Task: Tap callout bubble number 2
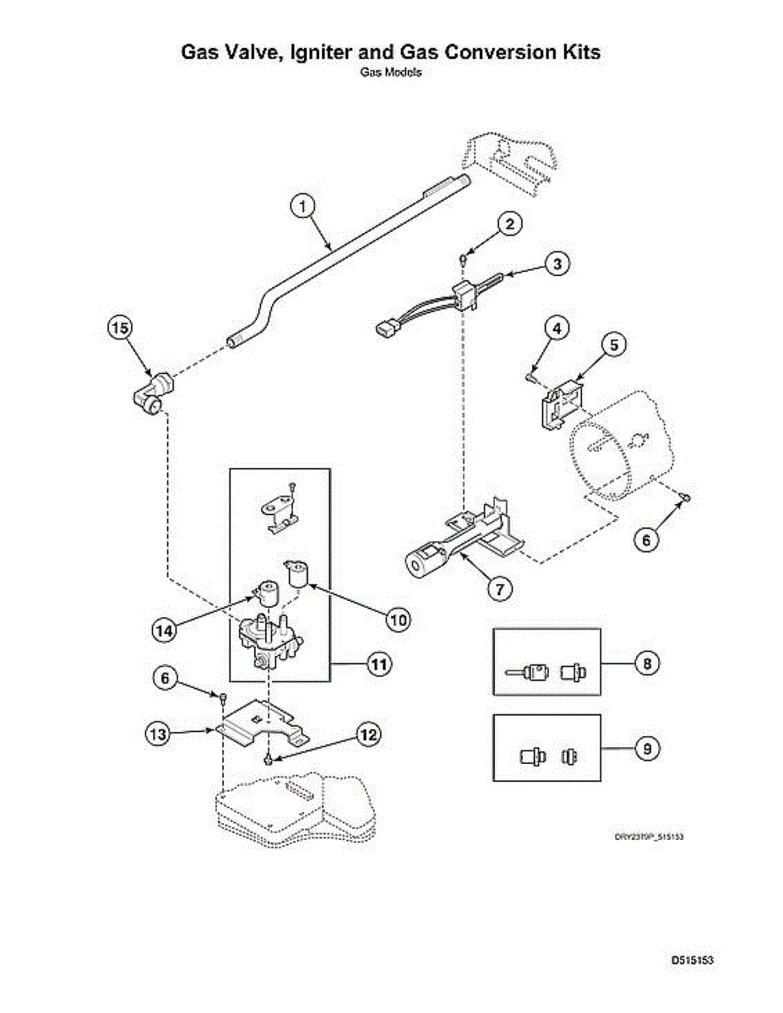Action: (508, 224)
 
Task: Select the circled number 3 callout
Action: (556, 263)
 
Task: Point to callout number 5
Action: (615, 345)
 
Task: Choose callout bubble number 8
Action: (646, 664)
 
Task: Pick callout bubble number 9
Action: (646, 748)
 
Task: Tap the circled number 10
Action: (397, 620)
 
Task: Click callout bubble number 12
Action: (367, 734)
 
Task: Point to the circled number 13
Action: (157, 734)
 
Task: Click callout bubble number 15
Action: (120, 327)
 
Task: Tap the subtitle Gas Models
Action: (391, 73)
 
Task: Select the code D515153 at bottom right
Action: (693, 960)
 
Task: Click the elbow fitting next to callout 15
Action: (155, 393)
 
